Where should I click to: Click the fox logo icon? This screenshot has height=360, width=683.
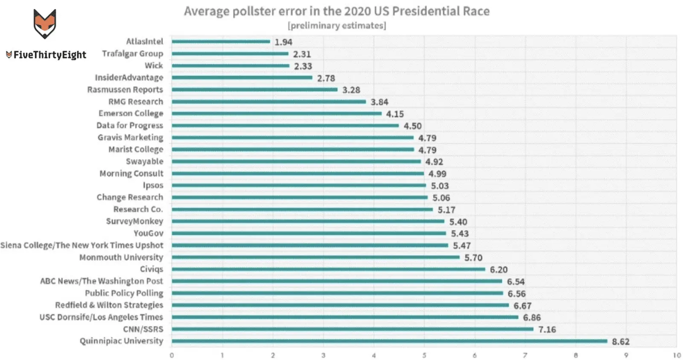point(44,23)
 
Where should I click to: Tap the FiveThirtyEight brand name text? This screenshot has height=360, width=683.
point(50,55)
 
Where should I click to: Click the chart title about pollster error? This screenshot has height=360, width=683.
point(336,11)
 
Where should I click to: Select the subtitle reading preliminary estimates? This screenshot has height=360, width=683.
point(337,26)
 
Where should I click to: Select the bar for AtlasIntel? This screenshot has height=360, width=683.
point(221,41)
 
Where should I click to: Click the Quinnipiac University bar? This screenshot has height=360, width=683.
point(389,341)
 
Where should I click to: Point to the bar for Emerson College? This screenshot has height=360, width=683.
point(277,114)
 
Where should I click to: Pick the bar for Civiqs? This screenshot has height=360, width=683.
point(328,269)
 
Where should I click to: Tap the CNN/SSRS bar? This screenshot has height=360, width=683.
point(353,329)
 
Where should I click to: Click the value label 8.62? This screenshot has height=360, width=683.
point(621,342)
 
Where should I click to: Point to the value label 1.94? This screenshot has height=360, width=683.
point(283,42)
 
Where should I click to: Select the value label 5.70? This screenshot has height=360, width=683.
point(473,258)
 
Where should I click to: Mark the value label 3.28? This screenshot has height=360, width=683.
point(351,90)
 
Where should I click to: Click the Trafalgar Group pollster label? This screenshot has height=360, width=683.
point(132,54)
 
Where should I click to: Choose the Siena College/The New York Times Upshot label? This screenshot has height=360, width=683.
point(82,245)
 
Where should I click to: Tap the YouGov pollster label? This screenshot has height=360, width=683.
point(148,233)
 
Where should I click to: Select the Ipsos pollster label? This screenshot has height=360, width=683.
point(153,185)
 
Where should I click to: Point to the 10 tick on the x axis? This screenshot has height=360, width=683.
point(677,355)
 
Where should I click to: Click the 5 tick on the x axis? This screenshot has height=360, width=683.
point(424,355)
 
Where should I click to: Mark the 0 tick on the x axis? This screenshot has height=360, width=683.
point(172,355)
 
